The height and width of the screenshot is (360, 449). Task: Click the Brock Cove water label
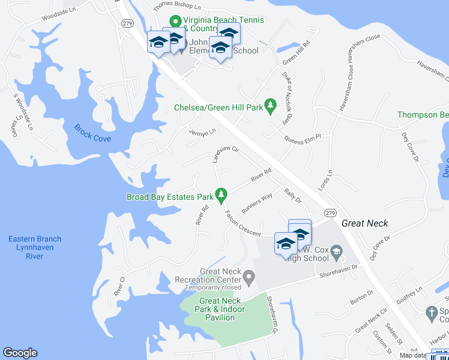click(x=92, y=133)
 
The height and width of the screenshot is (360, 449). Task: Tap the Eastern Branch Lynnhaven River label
click(x=34, y=247)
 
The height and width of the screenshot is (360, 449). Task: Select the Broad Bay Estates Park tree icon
click(x=221, y=195)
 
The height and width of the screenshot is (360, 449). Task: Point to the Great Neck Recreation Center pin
click(x=249, y=277)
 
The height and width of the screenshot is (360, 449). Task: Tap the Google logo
click(x=20, y=353)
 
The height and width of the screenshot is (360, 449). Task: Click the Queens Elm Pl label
click(x=303, y=137)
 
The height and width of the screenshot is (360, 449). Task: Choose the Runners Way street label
click(x=257, y=203)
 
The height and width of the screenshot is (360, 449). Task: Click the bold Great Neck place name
click(x=364, y=223)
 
